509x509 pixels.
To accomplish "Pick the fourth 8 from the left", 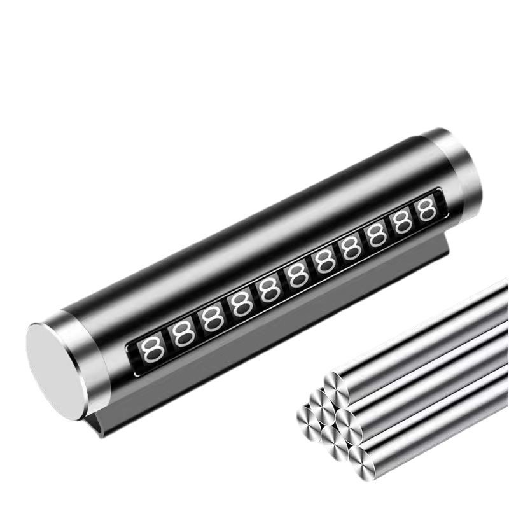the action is coord(242,305).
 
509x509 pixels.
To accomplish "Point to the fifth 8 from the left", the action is coord(270,291).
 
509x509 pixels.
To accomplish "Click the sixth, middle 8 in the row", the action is coord(298,277).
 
